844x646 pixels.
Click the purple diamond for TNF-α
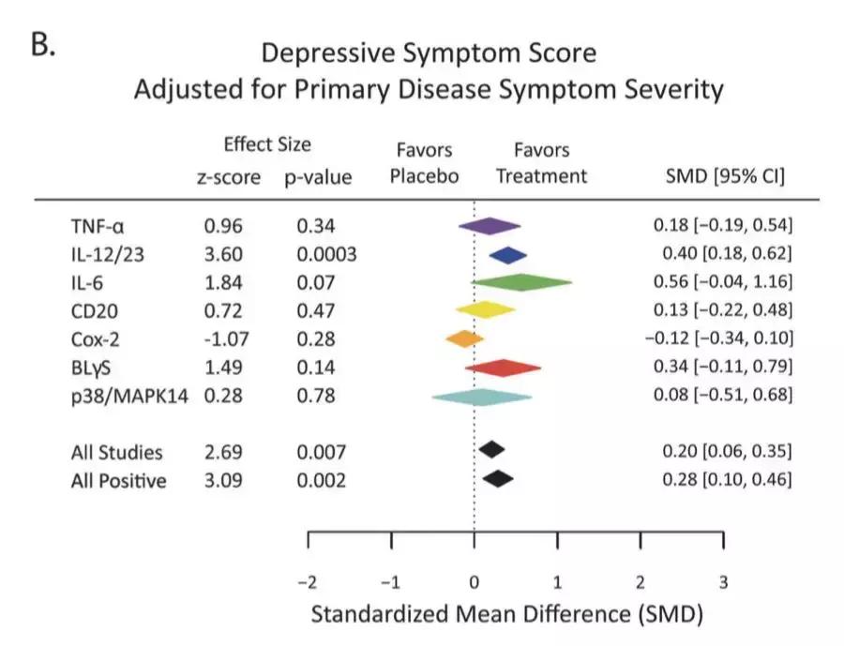click(490, 226)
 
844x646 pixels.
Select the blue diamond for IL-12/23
click(508, 254)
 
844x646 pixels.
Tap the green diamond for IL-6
click(521, 281)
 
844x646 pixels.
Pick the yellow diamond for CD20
click(485, 309)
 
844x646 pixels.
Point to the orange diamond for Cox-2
click(464, 338)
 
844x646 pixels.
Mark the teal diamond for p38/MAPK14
click(481, 397)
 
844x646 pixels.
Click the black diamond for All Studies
click(491, 450)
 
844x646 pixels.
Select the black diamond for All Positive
click(498, 479)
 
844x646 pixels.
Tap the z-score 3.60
click(223, 253)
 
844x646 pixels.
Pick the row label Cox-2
click(98, 338)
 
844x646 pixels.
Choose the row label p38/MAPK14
click(129, 397)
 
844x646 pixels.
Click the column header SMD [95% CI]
click(723, 176)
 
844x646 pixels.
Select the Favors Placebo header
click(424, 163)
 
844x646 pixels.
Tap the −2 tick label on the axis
click(307, 581)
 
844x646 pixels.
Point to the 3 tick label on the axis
click(723, 581)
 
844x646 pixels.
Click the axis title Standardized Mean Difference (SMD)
click(506, 615)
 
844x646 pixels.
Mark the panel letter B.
click(43, 47)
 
